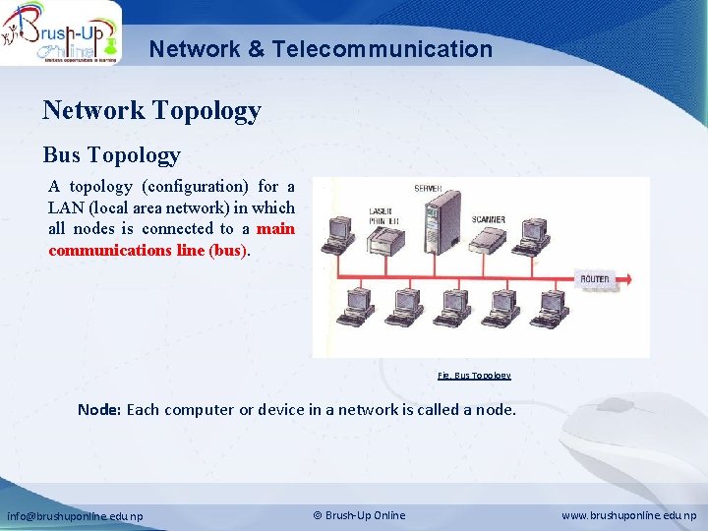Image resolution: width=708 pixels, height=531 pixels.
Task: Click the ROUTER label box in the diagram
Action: (x=595, y=279)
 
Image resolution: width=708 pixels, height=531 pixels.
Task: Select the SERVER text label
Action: (x=428, y=188)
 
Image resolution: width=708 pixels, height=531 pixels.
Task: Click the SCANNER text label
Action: (x=489, y=219)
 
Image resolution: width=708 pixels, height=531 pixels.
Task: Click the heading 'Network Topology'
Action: (x=151, y=110)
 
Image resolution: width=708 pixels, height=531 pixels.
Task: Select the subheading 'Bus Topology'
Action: (x=111, y=154)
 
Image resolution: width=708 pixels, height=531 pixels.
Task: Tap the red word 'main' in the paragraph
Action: (x=275, y=228)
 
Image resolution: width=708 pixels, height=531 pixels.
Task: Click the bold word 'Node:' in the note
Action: (x=99, y=409)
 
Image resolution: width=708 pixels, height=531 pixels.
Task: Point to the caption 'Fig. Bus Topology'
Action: (x=474, y=376)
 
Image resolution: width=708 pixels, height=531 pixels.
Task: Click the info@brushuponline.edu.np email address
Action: (x=75, y=515)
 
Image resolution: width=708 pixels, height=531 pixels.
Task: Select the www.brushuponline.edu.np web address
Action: (x=629, y=515)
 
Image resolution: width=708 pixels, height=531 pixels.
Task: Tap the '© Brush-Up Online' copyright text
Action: (x=359, y=515)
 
